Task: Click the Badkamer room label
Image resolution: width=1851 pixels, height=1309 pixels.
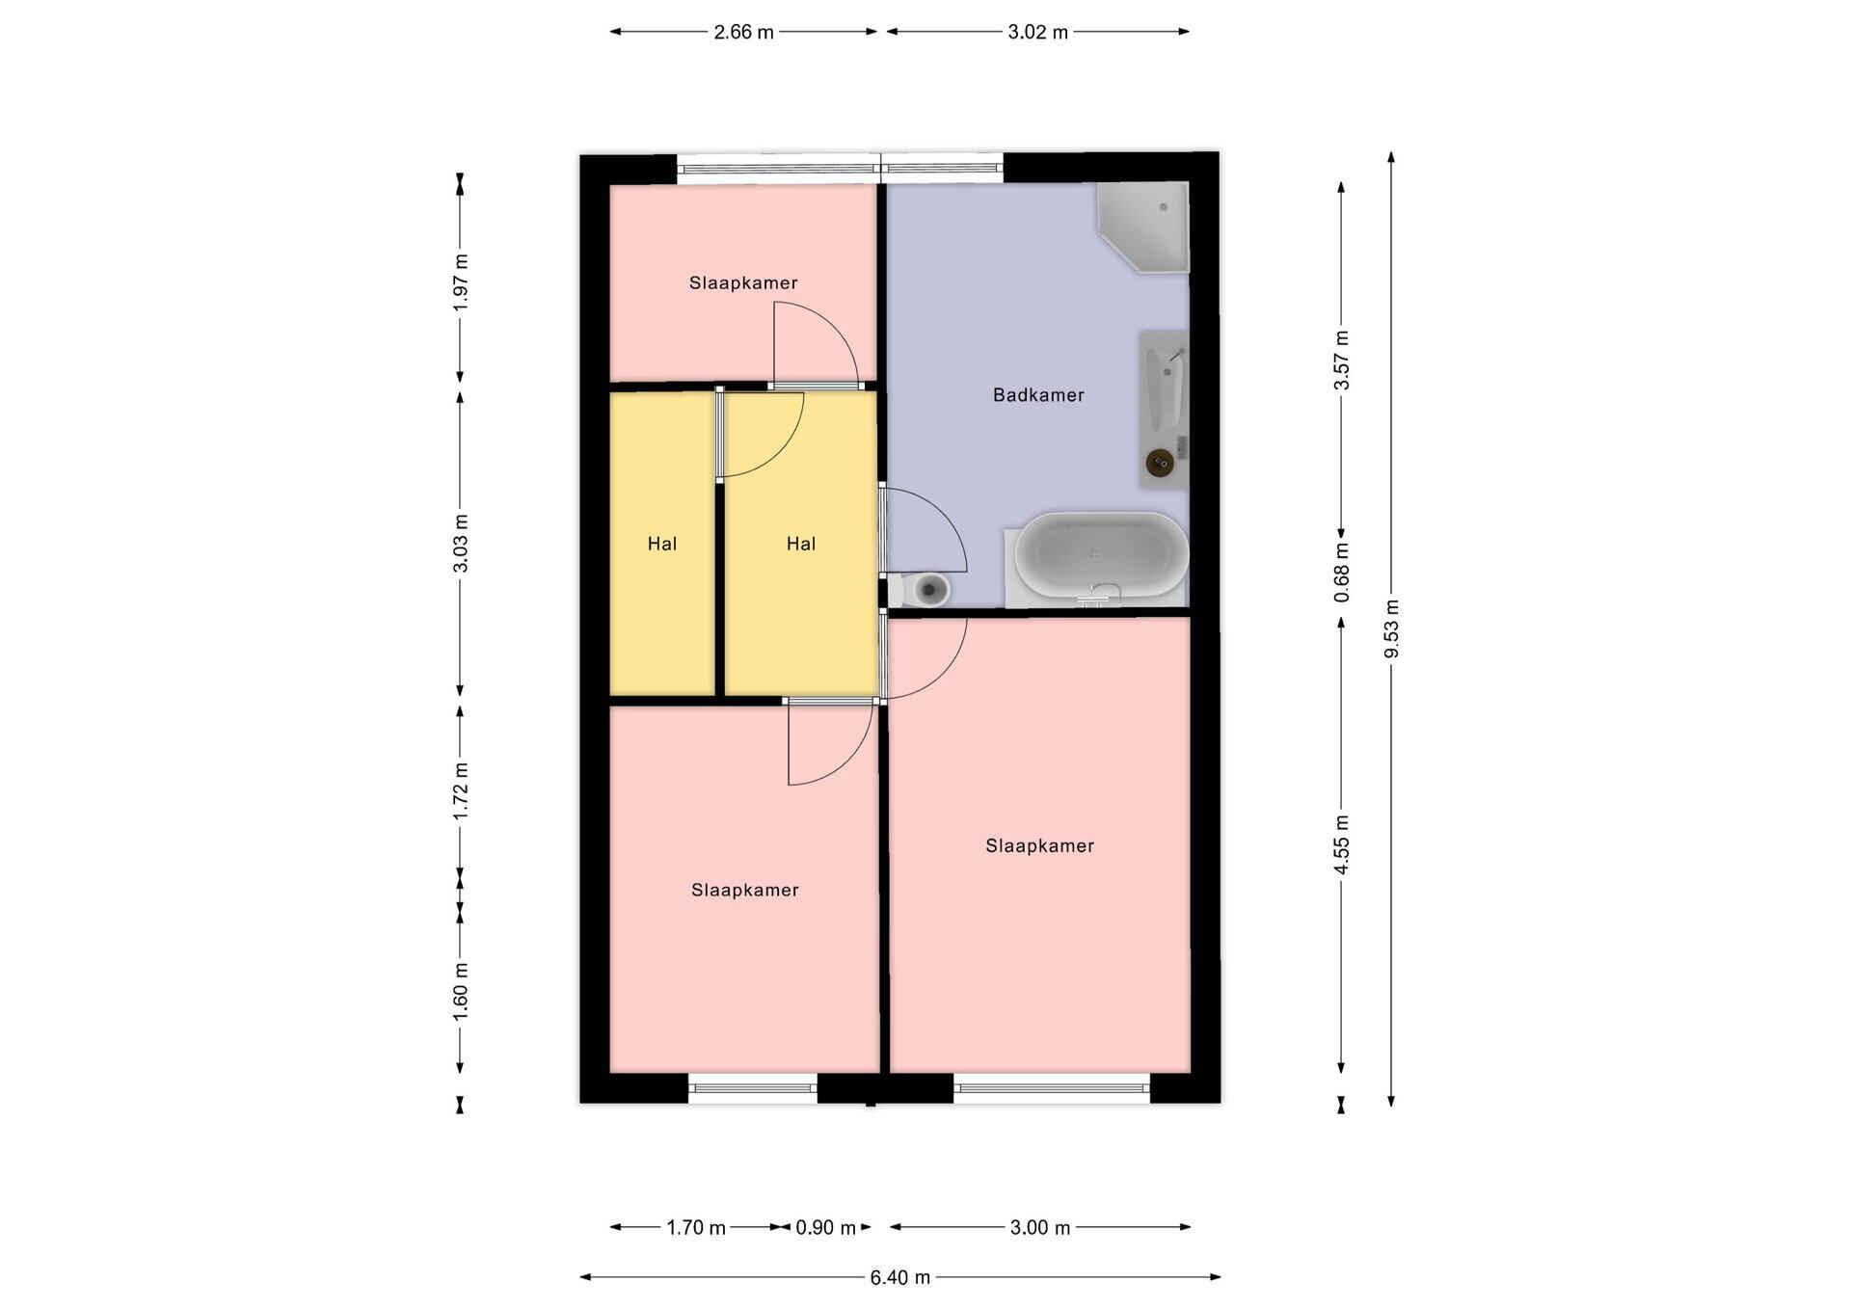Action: click(1038, 395)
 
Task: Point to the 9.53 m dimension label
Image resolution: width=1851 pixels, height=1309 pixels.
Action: click(1391, 628)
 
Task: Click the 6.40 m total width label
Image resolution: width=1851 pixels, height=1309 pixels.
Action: click(900, 1277)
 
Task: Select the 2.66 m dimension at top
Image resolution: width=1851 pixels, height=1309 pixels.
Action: click(743, 32)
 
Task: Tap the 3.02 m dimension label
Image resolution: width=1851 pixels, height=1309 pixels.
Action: click(1038, 32)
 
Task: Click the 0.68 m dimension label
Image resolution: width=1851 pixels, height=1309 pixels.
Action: click(1341, 573)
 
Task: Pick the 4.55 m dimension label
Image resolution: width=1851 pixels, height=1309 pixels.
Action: click(1341, 844)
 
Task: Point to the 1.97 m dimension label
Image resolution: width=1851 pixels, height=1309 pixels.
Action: click(460, 282)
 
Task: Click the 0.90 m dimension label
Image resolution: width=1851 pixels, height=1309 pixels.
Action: click(825, 1228)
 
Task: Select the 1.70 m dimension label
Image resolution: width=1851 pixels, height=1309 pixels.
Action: click(696, 1228)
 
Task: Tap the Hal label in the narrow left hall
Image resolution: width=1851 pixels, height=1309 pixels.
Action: click(662, 544)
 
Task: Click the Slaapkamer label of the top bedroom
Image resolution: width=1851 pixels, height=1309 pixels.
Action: click(743, 283)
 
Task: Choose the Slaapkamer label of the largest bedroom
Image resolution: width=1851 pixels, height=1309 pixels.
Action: click(1039, 846)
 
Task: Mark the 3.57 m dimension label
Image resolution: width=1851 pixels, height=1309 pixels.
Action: click(1341, 360)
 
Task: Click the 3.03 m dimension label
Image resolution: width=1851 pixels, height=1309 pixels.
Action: click(460, 544)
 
